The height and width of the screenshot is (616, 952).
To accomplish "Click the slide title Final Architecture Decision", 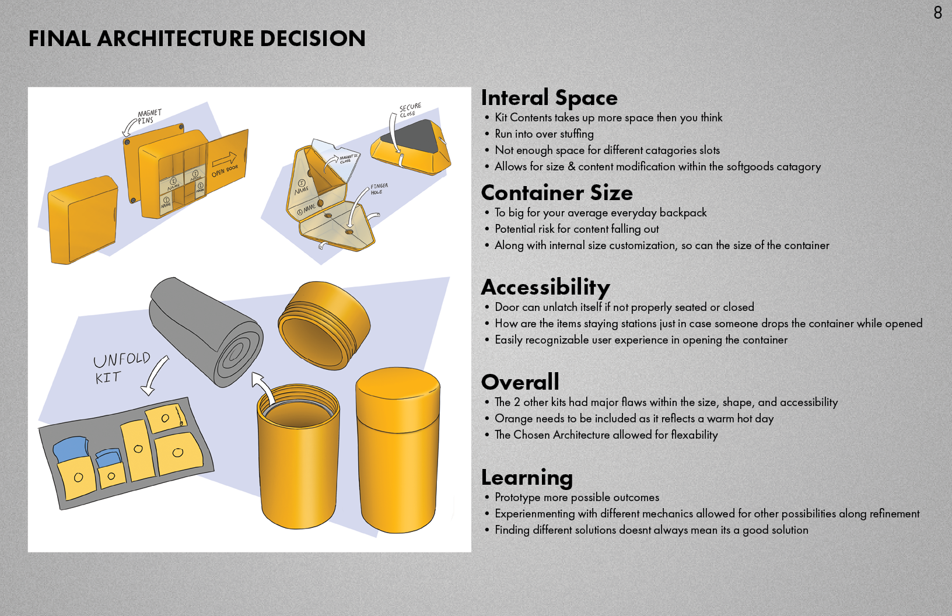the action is tap(197, 38).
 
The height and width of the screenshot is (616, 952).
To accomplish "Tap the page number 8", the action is tap(937, 13).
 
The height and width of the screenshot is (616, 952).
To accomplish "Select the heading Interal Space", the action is tap(549, 98).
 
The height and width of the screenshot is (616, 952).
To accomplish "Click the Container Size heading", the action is tap(556, 193).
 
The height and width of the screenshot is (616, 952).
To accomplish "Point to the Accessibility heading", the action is tap(545, 288).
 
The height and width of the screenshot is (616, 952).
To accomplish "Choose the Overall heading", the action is tap(520, 383).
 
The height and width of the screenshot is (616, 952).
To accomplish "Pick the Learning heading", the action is tap(527, 478).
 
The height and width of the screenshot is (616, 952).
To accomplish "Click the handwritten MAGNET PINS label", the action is tap(149, 117).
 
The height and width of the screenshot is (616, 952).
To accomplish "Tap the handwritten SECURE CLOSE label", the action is tap(409, 110).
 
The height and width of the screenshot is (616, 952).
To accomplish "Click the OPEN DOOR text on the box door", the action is tap(225, 170).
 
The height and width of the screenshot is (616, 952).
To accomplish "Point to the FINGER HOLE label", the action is tap(379, 188).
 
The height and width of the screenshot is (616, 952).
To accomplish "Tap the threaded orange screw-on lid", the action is tap(324, 325).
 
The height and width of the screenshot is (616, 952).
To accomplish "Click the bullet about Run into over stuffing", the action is tap(544, 134).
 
